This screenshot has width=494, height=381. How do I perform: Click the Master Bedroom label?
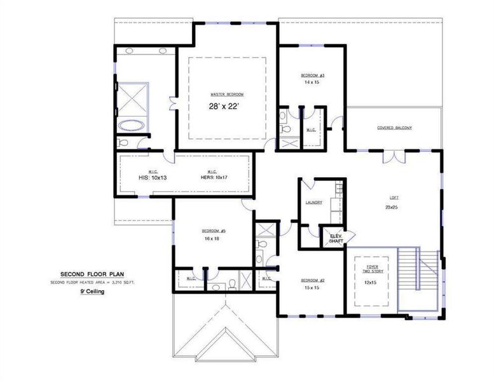pyautogui.click(x=227, y=94)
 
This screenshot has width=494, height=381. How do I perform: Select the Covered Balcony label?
pyautogui.click(x=394, y=128)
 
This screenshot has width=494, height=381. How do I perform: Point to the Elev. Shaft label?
pyautogui.click(x=335, y=239)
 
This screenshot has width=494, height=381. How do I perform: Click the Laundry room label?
pyautogui.click(x=314, y=203)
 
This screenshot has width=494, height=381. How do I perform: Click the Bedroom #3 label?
pyautogui.click(x=313, y=75)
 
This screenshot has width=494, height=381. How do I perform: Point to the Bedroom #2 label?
pyautogui.click(x=313, y=281)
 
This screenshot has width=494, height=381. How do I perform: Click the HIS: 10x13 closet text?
pyautogui.click(x=153, y=178)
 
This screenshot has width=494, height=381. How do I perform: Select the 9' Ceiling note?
pyautogui.click(x=92, y=291)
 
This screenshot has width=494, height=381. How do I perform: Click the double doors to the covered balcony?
pyautogui.click(x=394, y=156)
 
